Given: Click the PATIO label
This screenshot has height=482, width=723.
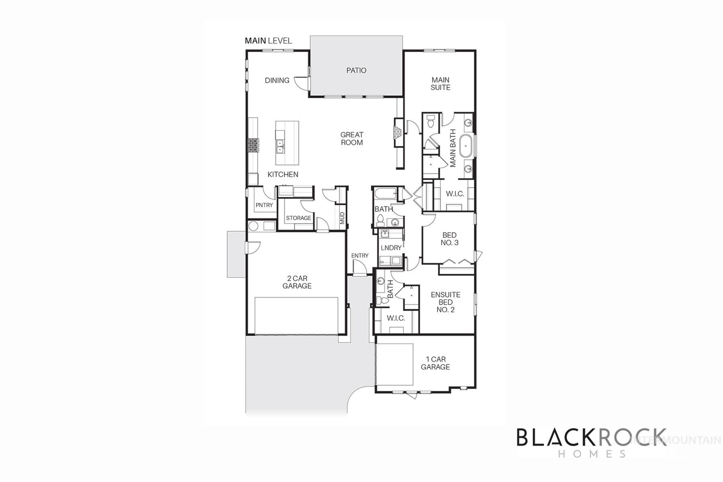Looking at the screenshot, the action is (x=356, y=70).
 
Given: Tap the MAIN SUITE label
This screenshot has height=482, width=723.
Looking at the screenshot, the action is (x=440, y=84).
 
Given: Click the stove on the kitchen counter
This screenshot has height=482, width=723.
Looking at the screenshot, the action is (x=253, y=145).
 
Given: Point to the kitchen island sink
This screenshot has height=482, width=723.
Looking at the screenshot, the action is (x=280, y=146).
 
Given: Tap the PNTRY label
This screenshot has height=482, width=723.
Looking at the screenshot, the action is (x=264, y=205).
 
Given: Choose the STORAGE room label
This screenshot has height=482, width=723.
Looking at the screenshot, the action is (x=298, y=218).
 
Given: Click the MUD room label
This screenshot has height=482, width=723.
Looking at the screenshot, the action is (x=342, y=218).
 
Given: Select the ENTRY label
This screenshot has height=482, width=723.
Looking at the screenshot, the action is (x=359, y=255).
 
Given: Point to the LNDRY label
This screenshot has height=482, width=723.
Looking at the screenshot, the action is (x=391, y=248).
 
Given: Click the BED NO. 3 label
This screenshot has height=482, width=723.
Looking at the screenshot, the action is (x=449, y=239).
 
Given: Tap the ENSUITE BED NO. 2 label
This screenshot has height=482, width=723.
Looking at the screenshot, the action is (x=445, y=302).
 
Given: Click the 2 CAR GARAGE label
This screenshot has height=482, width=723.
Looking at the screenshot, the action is (x=297, y=282).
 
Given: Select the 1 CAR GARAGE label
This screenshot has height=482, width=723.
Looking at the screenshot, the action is (x=435, y=363).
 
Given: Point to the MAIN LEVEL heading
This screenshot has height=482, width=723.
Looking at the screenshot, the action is (x=268, y=41).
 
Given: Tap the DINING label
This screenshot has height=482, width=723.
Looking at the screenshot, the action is (x=277, y=80).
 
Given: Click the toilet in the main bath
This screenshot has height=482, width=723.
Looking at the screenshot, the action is (x=430, y=120).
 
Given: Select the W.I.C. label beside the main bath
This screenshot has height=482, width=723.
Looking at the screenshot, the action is (x=455, y=194).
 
